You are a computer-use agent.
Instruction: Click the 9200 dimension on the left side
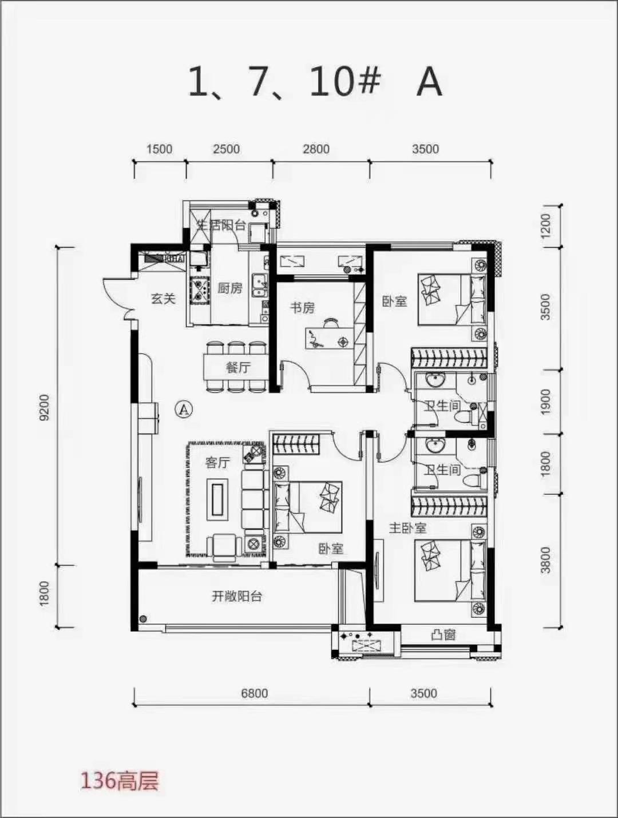45,407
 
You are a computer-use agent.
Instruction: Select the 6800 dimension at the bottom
254,693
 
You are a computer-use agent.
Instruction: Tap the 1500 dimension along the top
159,149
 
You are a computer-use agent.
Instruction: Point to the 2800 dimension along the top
316,149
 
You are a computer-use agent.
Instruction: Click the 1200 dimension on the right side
545,226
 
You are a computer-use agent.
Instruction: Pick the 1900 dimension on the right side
545,402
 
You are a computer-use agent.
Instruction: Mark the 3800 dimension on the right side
545,559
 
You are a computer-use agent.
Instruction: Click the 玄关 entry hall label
163,298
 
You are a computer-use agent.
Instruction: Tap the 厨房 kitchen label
229,288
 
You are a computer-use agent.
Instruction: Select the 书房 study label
302,308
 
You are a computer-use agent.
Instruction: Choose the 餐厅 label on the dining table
238,367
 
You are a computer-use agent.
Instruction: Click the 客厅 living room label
217,462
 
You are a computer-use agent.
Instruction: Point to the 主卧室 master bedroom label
407,527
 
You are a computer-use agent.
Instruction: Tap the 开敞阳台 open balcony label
237,596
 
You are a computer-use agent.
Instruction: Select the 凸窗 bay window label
443,634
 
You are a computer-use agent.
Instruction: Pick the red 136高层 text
119,781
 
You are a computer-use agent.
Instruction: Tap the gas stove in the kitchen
200,289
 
